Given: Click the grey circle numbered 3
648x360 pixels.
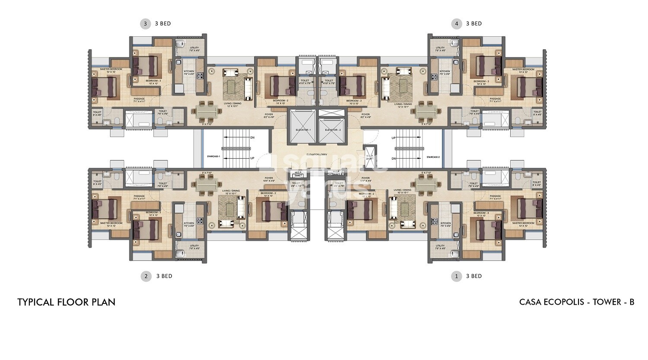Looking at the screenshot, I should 145,24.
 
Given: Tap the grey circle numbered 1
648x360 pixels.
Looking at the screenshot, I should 456,276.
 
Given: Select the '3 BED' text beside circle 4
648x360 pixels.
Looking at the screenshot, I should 474,24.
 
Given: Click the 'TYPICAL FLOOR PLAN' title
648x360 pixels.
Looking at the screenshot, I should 67,302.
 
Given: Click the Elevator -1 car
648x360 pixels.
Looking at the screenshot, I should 302,126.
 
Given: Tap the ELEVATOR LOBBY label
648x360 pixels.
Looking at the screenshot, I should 317,154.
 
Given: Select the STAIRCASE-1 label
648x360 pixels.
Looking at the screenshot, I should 213,156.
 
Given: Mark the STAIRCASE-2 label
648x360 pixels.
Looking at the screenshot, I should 432,157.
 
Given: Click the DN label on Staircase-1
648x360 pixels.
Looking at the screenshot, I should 252,138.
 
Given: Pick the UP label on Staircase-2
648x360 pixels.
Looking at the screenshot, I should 394,138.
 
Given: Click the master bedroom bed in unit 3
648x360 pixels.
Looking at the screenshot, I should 104,87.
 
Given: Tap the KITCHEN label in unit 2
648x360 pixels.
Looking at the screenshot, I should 189,223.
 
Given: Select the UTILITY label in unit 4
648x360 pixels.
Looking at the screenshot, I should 440,48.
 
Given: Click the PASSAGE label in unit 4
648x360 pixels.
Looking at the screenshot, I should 496,99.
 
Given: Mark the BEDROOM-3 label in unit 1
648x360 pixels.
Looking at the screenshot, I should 481,213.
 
